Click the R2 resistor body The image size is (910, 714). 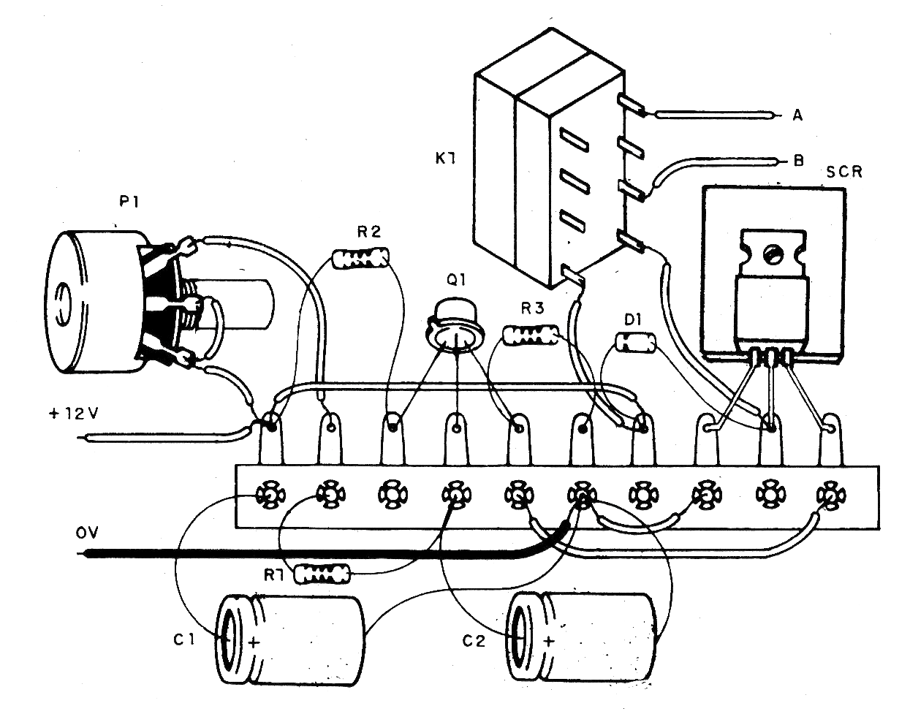[360, 257]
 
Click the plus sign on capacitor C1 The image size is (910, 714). [254, 643]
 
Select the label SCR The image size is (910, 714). [845, 172]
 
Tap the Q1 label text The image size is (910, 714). [463, 278]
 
